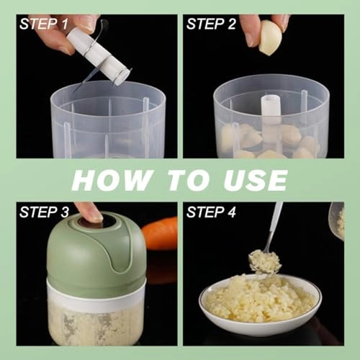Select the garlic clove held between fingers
[270, 38]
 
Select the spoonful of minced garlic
[264, 261]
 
